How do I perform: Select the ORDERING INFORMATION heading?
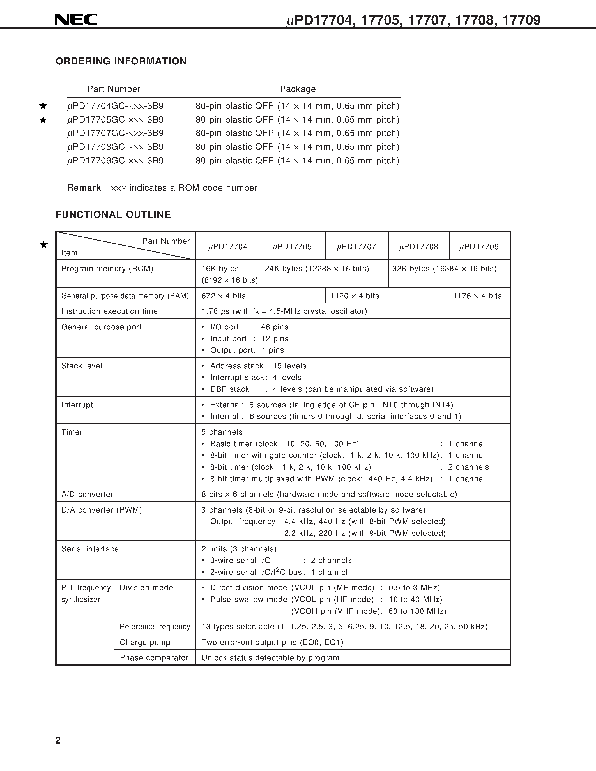121,61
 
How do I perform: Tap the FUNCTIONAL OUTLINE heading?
113,215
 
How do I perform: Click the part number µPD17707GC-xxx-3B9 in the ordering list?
116,133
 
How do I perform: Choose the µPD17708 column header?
418,247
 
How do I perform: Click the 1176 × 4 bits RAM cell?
477,296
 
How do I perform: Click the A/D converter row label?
88,494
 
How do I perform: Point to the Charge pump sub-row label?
145,642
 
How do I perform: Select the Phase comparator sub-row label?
154,658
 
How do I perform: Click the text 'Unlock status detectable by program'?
270,658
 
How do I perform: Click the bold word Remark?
84,188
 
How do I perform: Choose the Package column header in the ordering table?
298,89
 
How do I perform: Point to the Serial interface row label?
90,549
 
